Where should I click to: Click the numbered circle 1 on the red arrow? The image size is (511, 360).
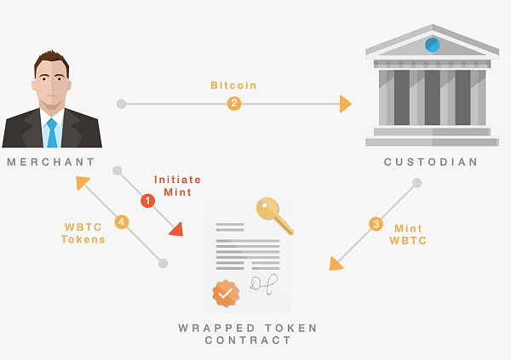(x=147, y=201)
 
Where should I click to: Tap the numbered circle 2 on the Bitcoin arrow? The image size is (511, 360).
(x=234, y=104)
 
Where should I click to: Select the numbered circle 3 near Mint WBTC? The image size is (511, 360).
(x=376, y=224)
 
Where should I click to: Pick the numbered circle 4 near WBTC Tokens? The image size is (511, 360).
(x=122, y=222)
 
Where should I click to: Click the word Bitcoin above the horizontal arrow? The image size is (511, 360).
(x=233, y=85)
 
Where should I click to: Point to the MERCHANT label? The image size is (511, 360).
(x=51, y=162)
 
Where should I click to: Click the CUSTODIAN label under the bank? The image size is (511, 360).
(x=431, y=162)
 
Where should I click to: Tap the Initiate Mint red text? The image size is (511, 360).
(x=178, y=186)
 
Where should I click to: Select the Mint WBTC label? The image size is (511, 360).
(x=408, y=235)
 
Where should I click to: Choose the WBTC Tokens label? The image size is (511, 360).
(x=83, y=233)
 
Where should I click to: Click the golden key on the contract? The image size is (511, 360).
(x=274, y=214)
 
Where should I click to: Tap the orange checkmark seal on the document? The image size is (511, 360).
(x=226, y=294)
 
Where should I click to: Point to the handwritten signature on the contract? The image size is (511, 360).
(x=264, y=284)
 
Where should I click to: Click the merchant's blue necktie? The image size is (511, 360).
(x=52, y=133)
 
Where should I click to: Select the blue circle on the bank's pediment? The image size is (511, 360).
(x=432, y=45)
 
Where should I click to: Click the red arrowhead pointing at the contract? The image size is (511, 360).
(x=177, y=229)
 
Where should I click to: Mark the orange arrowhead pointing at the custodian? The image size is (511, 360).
(x=346, y=104)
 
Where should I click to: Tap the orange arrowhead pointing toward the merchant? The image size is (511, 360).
(x=82, y=182)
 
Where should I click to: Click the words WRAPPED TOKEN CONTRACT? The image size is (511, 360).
(x=248, y=334)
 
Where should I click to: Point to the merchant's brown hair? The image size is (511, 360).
(x=51, y=61)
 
